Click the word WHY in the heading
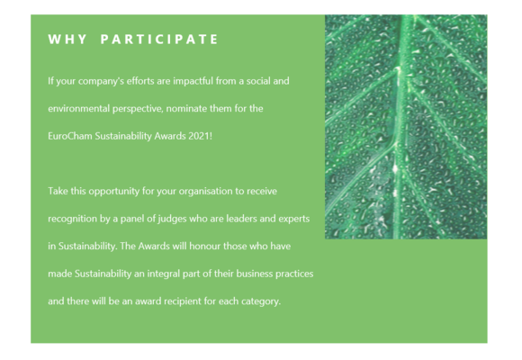pyautogui.click(x=67, y=40)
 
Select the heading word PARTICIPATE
pyautogui.click(x=159, y=40)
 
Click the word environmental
pyautogui.click(x=79, y=109)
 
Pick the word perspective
pyautogui.click(x=138, y=109)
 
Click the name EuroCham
pyautogui.click(x=70, y=136)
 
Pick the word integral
pyautogui.click(x=160, y=274)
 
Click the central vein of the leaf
pyautogui.click(x=401, y=127)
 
